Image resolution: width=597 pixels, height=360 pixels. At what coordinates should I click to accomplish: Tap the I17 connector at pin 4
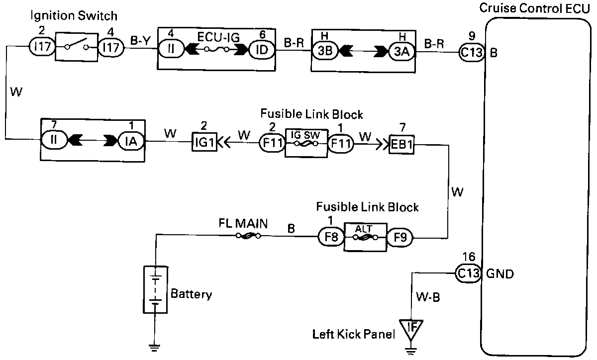pos(110,48)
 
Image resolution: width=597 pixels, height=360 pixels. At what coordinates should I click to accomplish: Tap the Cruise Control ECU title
pos(534,9)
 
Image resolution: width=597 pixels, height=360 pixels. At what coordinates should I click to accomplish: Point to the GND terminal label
pos(499,273)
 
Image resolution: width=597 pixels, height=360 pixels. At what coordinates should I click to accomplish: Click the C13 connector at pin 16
pos(468,272)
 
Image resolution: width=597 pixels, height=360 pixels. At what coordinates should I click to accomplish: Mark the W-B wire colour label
pos(428,298)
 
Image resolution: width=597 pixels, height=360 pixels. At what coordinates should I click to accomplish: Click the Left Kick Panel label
pos(354,334)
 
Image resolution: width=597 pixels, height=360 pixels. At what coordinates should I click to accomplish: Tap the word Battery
pos(191,294)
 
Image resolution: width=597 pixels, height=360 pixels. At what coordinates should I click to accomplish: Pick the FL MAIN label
pos(243,223)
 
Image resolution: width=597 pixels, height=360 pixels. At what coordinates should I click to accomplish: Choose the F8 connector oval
pos(331,238)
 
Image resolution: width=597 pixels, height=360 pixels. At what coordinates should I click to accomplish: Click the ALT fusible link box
pos(365,237)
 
